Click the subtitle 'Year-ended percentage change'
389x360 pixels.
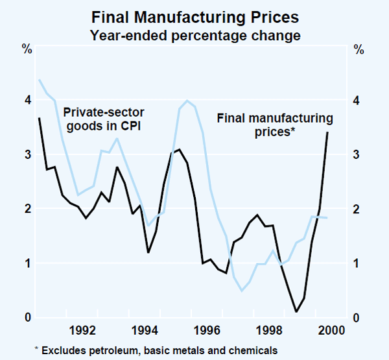195,35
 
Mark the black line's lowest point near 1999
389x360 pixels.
296,311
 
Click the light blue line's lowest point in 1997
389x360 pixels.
242,291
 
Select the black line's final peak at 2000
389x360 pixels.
327,132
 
